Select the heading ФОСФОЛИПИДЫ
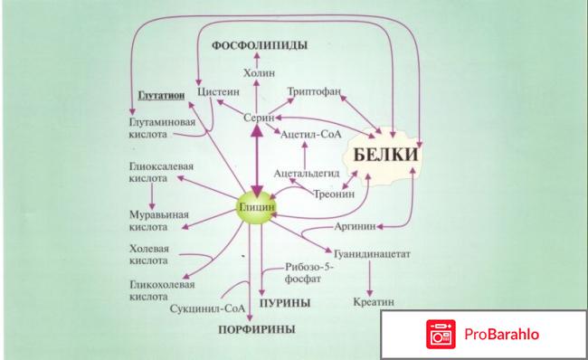pos(259,44)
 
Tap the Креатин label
pos(373,300)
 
